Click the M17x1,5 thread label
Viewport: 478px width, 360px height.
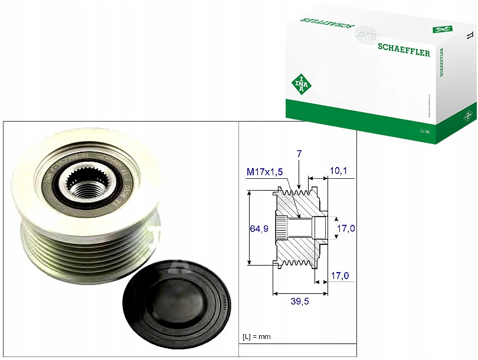click(x=264, y=172)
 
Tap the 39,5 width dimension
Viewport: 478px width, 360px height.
click(x=299, y=301)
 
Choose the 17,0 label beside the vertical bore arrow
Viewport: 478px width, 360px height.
click(x=345, y=229)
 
